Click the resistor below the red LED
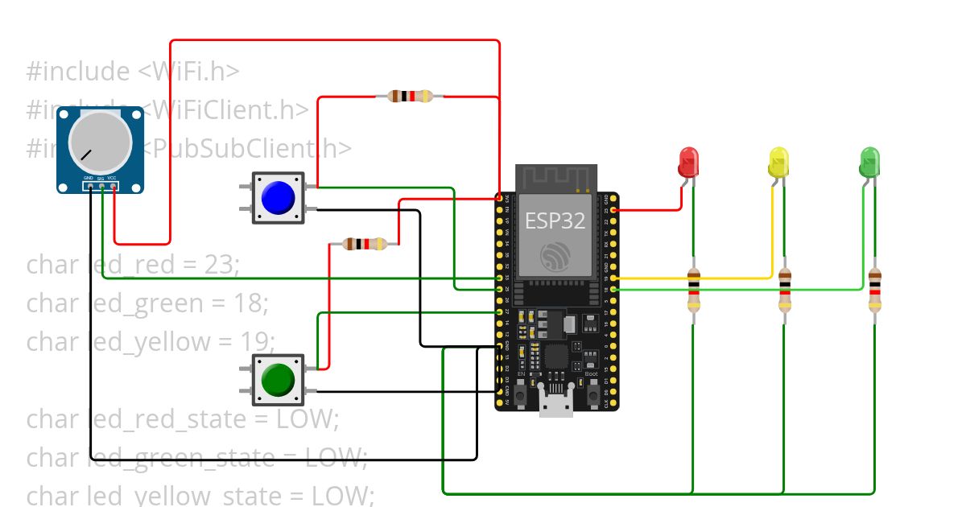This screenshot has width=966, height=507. click(694, 290)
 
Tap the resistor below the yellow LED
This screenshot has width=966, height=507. click(785, 290)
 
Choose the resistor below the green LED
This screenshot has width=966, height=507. click(875, 290)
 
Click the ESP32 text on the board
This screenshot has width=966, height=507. click(555, 221)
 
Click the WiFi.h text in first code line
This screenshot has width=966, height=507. click(188, 72)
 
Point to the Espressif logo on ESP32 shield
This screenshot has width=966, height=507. click(556, 256)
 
